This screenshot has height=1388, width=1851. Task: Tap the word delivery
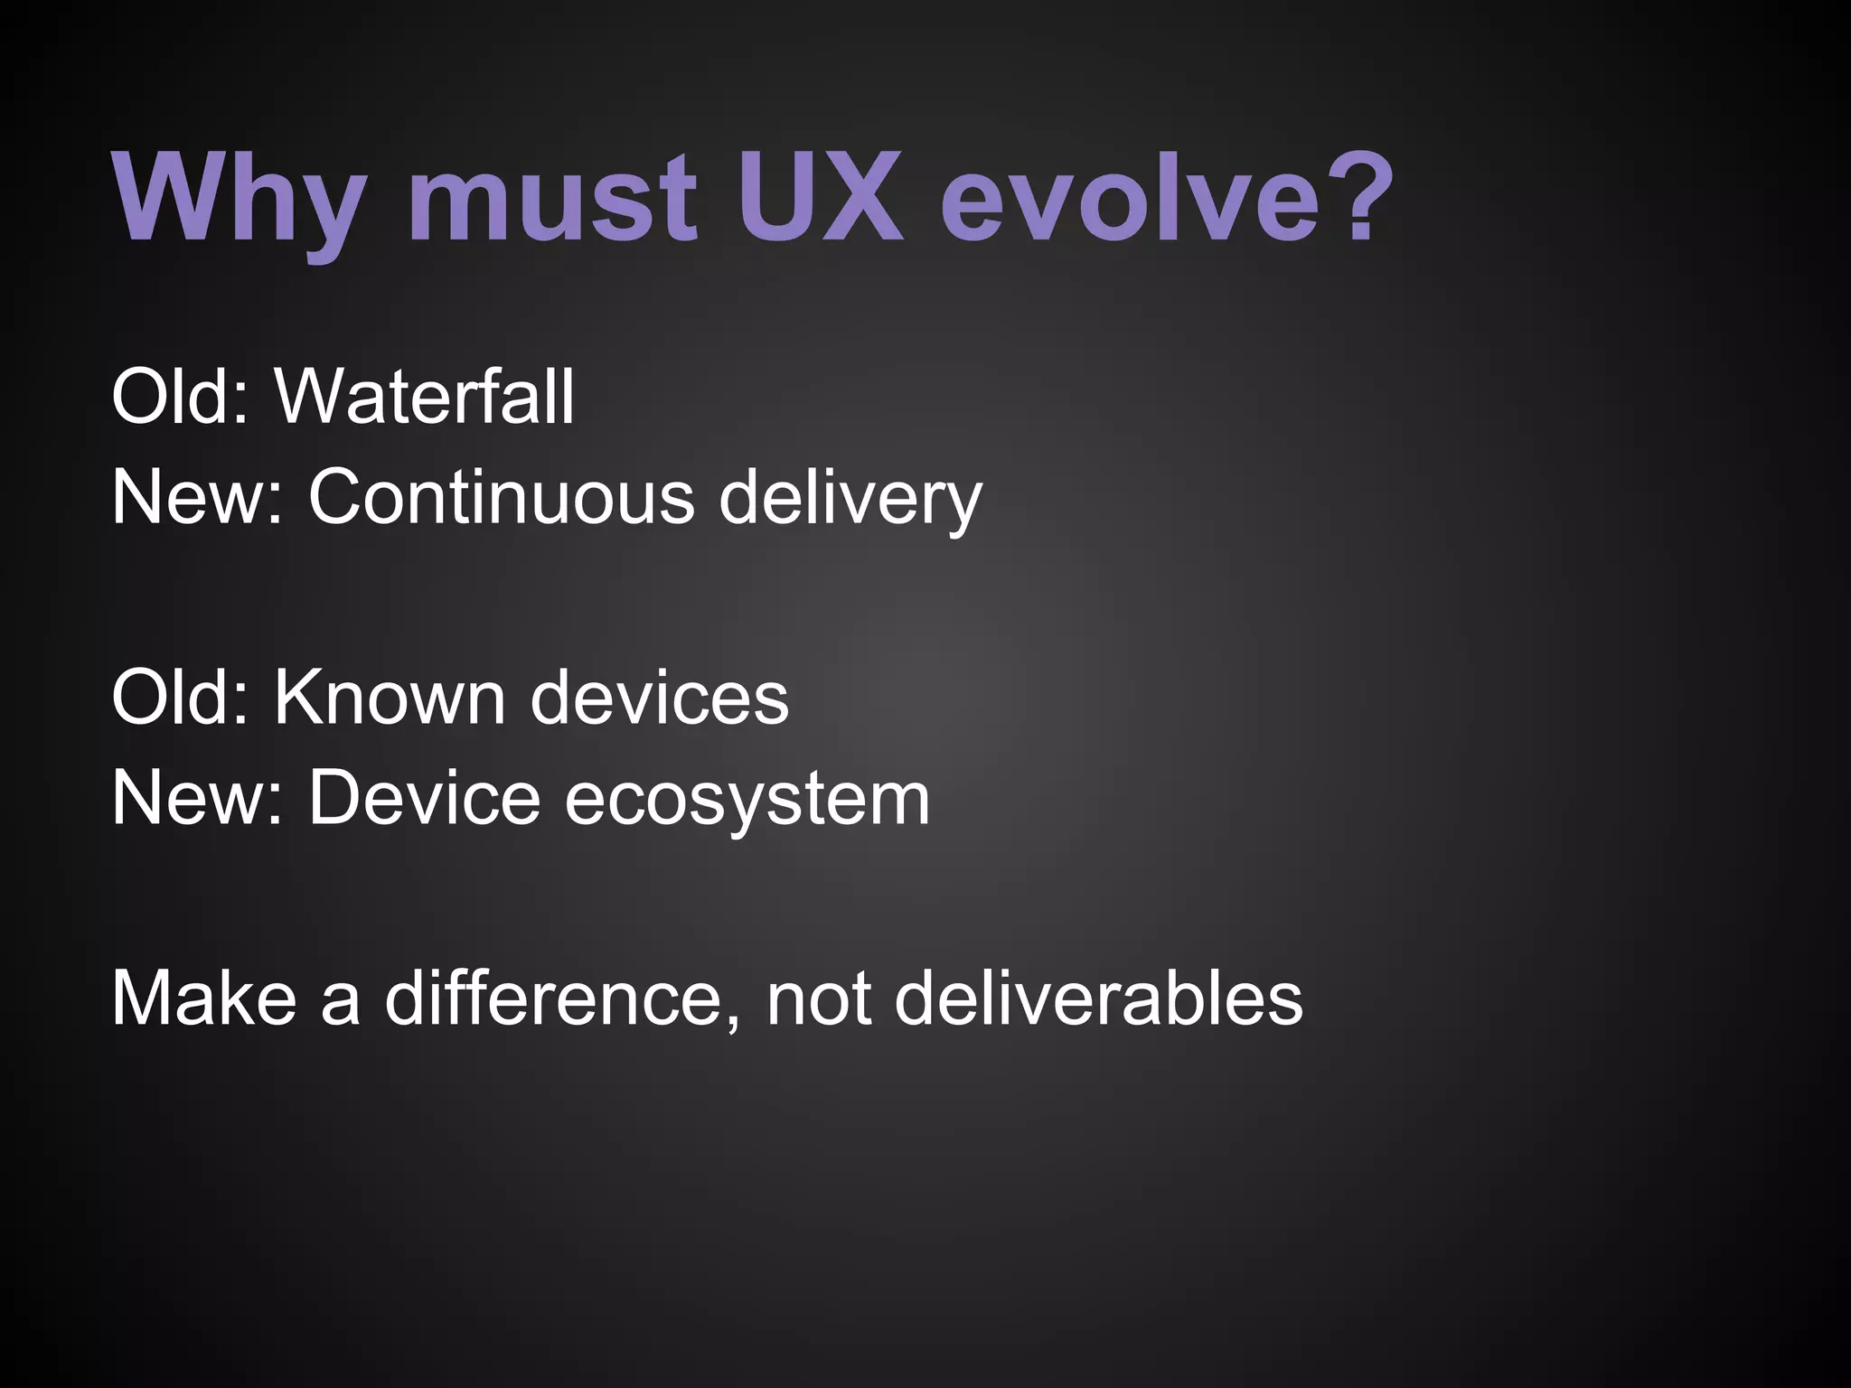coord(850,499)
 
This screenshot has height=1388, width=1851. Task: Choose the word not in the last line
coord(819,999)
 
